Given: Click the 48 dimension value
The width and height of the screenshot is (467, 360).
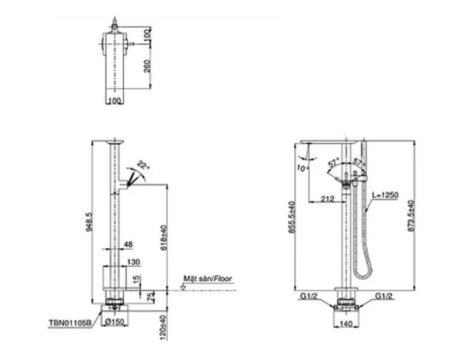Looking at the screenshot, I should coord(128,245).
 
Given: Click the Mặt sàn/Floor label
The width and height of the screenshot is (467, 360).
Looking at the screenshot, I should coord(207,279).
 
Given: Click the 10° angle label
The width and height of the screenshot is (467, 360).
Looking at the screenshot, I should coord(301,168).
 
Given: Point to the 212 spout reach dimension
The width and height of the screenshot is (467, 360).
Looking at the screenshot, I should coord(327,200).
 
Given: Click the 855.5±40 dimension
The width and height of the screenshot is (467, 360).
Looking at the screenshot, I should coord(290,217).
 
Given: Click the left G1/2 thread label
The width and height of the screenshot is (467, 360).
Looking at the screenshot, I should coord(309,296).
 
